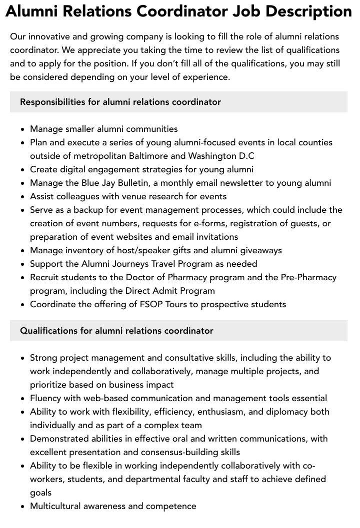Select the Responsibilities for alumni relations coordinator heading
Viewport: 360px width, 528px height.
click(120, 102)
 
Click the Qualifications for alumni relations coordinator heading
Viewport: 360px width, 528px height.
click(116, 331)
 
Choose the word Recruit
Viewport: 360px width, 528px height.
click(45, 277)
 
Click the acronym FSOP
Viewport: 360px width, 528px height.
click(151, 304)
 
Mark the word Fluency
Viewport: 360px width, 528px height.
click(46, 398)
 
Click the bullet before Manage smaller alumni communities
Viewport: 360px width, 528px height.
click(23, 129)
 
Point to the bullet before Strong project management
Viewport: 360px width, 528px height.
click(23, 358)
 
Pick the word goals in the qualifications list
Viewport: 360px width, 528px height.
click(40, 493)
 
